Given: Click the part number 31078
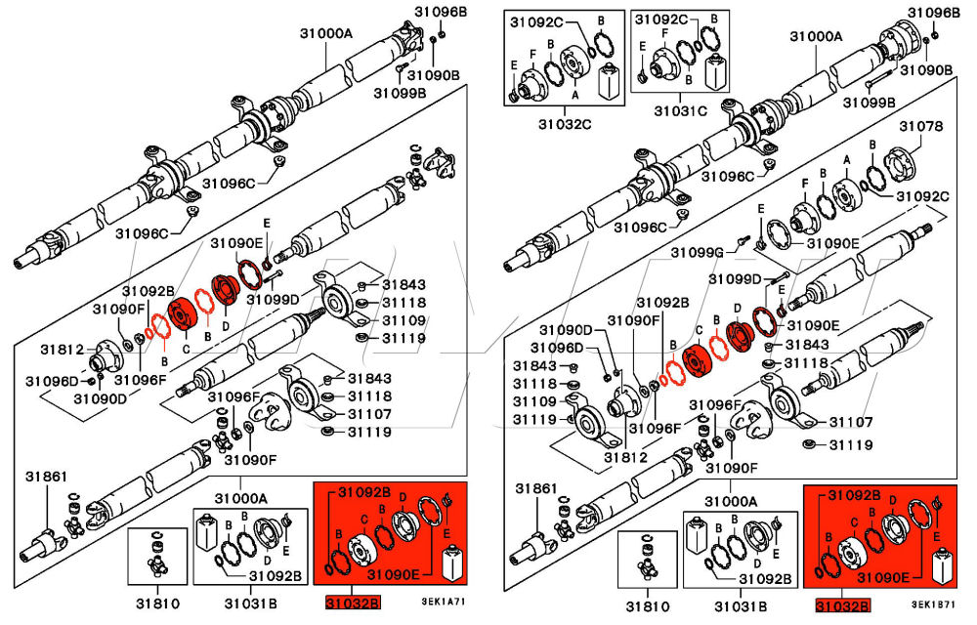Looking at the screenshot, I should pyautogui.click(x=920, y=127).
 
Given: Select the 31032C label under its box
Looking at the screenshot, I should pyautogui.click(x=565, y=124).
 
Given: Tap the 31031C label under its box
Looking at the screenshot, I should pyautogui.click(x=680, y=110).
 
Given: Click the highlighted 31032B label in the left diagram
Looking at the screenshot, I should pyautogui.click(x=352, y=604).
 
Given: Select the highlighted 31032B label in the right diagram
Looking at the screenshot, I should pyautogui.click(x=842, y=606).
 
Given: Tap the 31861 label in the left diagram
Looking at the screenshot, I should pyautogui.click(x=47, y=477).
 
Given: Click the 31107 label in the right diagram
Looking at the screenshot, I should pyautogui.click(x=851, y=422).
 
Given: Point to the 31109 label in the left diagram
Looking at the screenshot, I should pyautogui.click(x=403, y=320).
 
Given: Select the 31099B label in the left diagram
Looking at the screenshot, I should pyautogui.click(x=400, y=94).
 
